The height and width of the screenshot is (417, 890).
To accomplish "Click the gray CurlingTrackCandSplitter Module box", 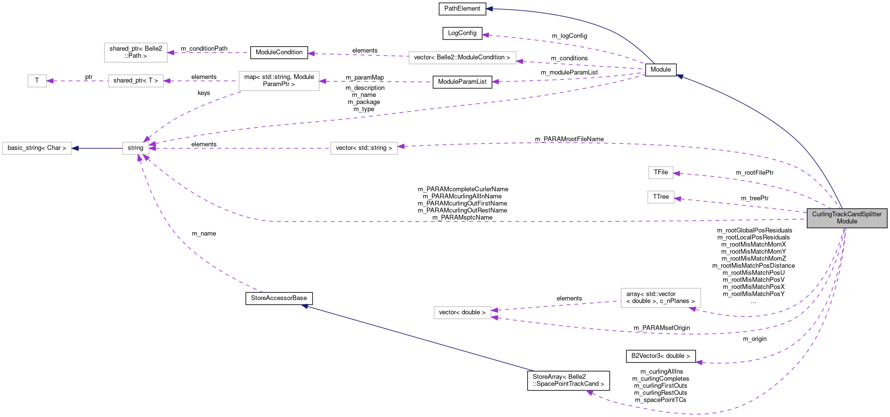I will (x=847, y=218).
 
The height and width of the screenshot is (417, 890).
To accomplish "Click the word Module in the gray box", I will (x=847, y=222).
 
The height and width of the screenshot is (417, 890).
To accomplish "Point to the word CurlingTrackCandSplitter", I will (x=847, y=214).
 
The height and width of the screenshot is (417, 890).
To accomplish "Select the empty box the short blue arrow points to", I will (x=37, y=148).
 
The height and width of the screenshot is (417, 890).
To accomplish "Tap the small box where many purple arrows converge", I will (x=136, y=148).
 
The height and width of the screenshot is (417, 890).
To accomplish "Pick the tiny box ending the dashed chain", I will (x=37, y=81).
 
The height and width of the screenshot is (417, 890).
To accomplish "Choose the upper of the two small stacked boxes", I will (x=661, y=172).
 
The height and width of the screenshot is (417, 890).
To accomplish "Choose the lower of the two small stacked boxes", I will (x=661, y=197).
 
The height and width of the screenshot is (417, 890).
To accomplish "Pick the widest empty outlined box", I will (x=462, y=58).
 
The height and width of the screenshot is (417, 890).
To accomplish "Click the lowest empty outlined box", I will (x=462, y=313).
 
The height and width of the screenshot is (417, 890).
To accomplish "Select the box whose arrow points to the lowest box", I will (x=661, y=298).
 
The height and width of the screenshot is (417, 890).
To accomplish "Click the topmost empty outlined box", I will (x=136, y=52).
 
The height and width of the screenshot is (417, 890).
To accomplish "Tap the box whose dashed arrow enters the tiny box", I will (x=136, y=81).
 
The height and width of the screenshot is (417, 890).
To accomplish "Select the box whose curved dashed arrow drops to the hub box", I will (x=279, y=81).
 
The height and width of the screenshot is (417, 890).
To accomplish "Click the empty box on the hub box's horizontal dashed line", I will (x=364, y=148).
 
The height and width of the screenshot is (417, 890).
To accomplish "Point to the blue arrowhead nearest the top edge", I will (x=489, y=9).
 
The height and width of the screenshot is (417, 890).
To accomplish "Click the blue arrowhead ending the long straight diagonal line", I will (x=304, y=306).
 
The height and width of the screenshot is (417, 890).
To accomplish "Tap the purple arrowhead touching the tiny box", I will (x=50, y=81).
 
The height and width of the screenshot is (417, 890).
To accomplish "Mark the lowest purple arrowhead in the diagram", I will (x=589, y=393).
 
